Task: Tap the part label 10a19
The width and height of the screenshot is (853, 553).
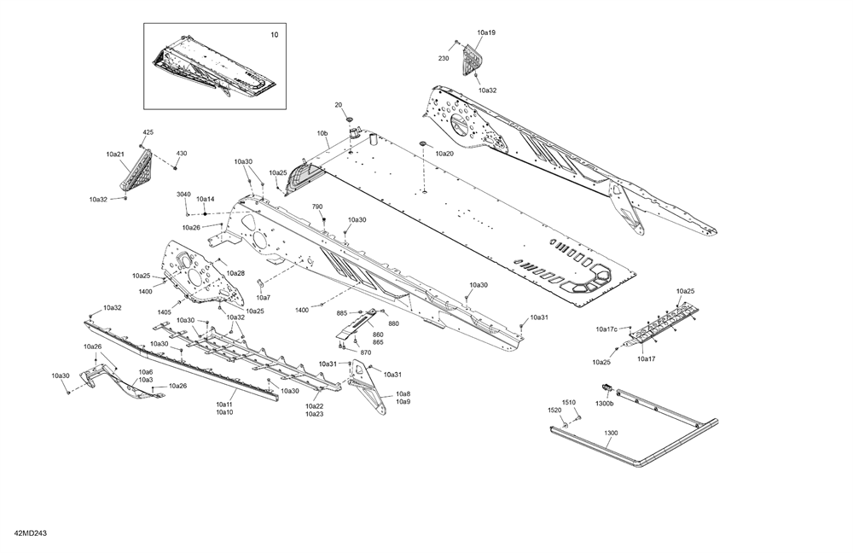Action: (x=486, y=32)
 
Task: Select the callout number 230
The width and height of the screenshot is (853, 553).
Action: (x=444, y=58)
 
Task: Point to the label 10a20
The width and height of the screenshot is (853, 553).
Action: (x=444, y=154)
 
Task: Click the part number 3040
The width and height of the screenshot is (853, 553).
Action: (x=183, y=195)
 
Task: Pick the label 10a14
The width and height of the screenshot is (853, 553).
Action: (x=206, y=199)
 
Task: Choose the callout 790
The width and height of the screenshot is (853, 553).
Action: (x=317, y=207)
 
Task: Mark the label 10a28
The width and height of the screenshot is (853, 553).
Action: (x=235, y=273)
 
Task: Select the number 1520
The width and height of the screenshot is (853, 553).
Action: (x=554, y=410)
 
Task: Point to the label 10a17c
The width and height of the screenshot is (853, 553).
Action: (x=606, y=329)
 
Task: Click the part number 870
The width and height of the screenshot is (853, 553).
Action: (x=365, y=352)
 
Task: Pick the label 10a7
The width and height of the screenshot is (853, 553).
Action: (x=264, y=298)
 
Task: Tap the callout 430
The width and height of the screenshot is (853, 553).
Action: (x=182, y=154)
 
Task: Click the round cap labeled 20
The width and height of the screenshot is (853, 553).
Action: (x=348, y=117)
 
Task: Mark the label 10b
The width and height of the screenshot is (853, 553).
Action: (x=322, y=134)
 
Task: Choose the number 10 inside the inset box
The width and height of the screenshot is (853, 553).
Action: (x=274, y=35)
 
